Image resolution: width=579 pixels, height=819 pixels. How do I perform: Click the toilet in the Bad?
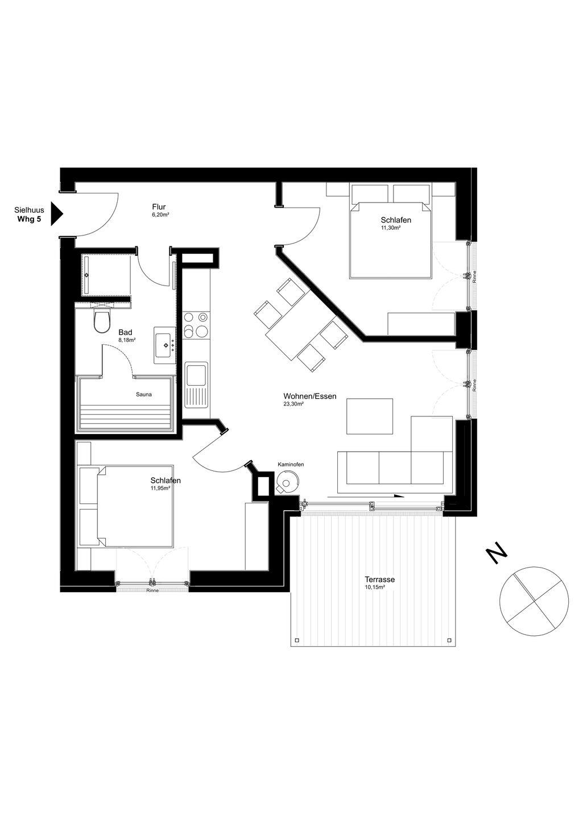102,320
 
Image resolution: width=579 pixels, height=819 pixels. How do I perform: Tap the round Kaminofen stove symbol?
287,483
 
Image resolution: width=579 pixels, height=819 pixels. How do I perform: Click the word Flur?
159,207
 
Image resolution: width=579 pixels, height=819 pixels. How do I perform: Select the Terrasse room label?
379,580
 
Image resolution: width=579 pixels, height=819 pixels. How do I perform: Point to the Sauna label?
144,395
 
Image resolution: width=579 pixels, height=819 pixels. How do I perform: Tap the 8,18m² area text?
127,340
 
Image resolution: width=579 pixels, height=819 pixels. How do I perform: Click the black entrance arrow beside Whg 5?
57,214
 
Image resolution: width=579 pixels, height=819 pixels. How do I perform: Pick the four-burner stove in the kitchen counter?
196,325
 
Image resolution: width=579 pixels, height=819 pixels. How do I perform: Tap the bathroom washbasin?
165,345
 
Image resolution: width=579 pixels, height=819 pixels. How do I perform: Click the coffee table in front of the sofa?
370,416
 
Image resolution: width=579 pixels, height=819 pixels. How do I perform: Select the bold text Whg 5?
29,220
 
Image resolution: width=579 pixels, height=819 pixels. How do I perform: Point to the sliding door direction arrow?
366,496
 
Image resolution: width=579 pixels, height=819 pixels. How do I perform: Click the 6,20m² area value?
160,215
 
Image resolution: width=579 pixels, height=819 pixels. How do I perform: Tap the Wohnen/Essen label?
309,396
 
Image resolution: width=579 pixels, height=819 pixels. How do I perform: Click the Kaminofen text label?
291,464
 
